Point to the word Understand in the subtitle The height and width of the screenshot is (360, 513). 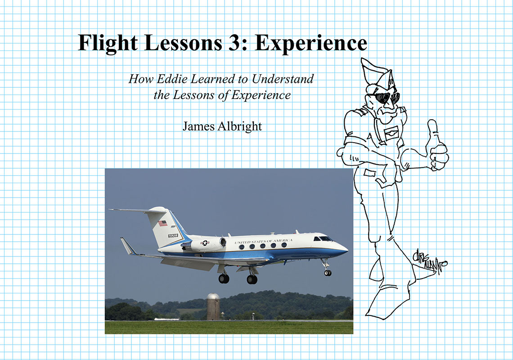[x=282, y=79]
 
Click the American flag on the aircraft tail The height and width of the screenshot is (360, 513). [x=162, y=223]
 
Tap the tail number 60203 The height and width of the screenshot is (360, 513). [x=173, y=235]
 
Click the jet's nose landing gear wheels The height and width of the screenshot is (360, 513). [x=327, y=272]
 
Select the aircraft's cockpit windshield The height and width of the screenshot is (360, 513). [x=325, y=238]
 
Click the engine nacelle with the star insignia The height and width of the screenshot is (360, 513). [x=206, y=244]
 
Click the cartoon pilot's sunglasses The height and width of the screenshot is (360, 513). [x=386, y=98]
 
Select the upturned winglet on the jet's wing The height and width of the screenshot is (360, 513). [x=128, y=246]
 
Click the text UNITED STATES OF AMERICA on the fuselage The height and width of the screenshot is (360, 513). [x=263, y=241]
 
